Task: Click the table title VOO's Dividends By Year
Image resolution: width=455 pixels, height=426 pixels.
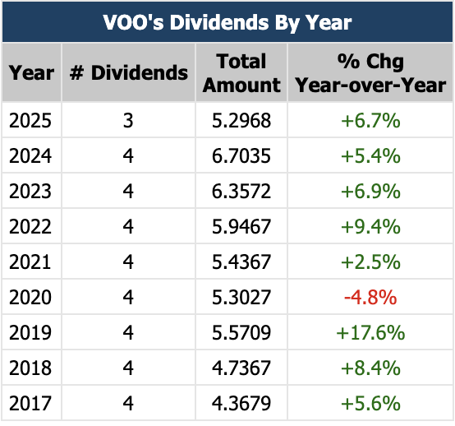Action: click(227, 21)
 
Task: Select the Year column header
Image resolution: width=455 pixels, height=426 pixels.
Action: click(30, 72)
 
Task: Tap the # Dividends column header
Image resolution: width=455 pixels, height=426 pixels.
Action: click(128, 72)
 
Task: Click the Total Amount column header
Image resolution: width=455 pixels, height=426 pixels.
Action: click(241, 72)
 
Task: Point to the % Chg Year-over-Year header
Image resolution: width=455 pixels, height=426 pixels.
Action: click(369, 72)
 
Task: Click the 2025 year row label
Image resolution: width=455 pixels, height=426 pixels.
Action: click(30, 121)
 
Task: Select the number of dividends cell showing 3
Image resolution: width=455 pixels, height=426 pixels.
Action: click(128, 121)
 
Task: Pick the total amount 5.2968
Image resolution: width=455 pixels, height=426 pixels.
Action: click(241, 121)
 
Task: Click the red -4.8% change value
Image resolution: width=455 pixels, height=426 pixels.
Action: click(369, 298)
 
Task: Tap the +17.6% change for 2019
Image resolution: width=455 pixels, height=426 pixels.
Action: click(369, 333)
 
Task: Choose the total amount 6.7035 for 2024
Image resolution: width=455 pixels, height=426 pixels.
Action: click(241, 156)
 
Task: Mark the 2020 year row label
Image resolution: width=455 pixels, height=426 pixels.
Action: click(30, 298)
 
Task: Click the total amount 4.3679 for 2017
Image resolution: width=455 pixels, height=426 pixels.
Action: click(241, 404)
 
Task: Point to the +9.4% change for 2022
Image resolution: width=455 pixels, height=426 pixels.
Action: click(369, 227)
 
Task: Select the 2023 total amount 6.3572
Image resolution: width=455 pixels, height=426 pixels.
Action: click(241, 192)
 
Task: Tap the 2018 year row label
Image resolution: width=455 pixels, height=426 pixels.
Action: click(30, 368)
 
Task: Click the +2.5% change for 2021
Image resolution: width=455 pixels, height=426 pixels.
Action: click(369, 262)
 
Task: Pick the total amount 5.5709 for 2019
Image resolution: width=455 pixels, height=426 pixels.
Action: click(241, 333)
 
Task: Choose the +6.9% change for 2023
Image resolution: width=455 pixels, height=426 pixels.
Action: click(369, 192)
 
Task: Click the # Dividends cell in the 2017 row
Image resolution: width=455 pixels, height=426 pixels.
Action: click(128, 404)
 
